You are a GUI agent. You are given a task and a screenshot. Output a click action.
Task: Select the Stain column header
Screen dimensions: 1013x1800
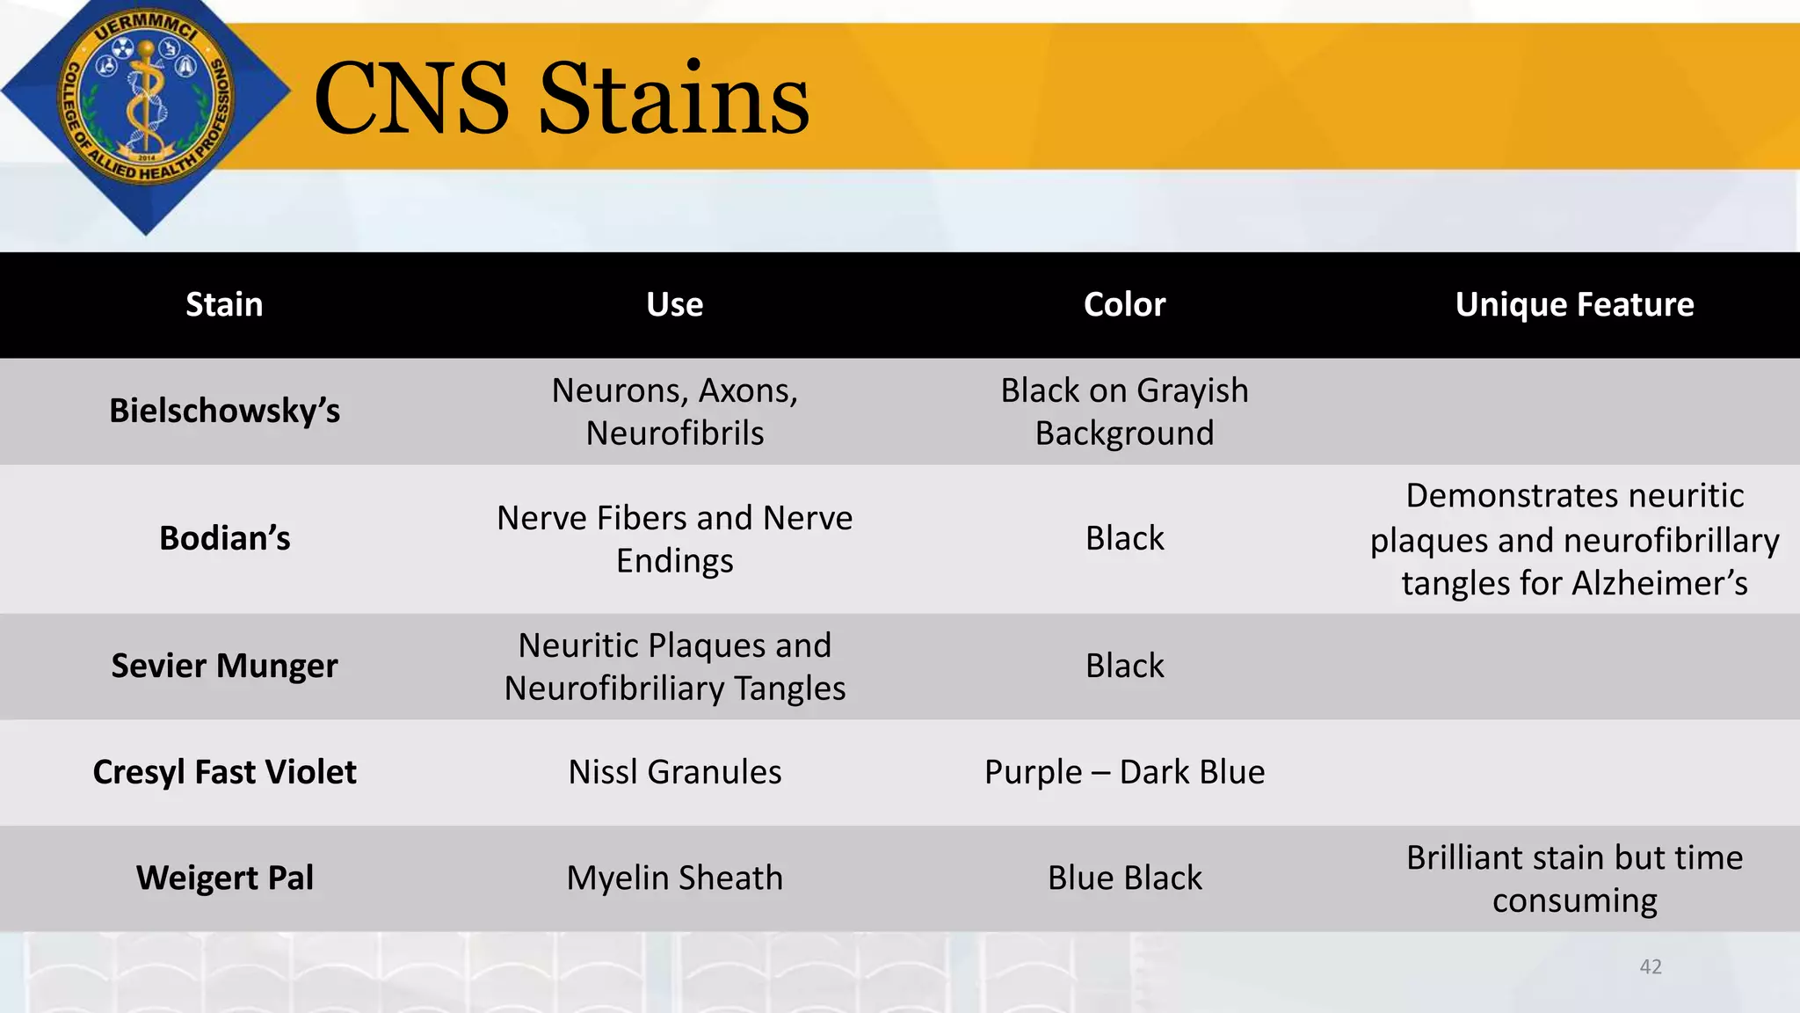click(x=224, y=304)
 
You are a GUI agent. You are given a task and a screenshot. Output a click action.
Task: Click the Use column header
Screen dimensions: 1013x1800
click(x=674, y=304)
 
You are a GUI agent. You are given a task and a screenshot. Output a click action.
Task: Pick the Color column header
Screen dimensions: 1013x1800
click(x=1124, y=304)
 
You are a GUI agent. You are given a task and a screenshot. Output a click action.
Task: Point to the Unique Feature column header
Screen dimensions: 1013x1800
click(x=1574, y=304)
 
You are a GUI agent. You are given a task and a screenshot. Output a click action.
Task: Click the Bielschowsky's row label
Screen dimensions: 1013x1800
click(x=224, y=411)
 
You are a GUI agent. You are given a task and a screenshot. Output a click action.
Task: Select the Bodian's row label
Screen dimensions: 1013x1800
click(x=224, y=538)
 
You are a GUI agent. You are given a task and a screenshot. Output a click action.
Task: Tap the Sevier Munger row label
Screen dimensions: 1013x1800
click(x=224, y=666)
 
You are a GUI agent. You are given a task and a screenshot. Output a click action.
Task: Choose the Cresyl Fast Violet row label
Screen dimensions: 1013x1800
click(x=224, y=772)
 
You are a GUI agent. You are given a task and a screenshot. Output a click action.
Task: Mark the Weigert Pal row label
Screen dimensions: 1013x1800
click(x=224, y=878)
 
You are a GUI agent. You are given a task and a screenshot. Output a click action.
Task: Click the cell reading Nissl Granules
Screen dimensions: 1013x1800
click(x=674, y=772)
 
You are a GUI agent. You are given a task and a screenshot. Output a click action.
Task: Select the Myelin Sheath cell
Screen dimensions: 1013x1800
click(x=674, y=878)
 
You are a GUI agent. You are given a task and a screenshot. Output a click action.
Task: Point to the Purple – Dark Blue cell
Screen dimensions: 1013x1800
click(x=1124, y=772)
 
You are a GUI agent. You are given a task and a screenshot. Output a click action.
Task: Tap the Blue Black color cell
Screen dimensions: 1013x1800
click(x=1124, y=878)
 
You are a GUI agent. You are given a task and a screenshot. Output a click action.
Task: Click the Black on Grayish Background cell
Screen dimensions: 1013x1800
click(x=1124, y=412)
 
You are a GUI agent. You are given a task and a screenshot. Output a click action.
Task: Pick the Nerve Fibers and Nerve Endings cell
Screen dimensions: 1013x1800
click(x=674, y=539)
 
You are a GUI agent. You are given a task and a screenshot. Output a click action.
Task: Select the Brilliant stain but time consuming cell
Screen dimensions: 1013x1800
click(x=1574, y=878)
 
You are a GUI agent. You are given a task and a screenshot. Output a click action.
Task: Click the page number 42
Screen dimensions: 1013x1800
click(x=1651, y=966)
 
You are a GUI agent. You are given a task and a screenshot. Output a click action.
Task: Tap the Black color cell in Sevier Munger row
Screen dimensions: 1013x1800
click(x=1124, y=666)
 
